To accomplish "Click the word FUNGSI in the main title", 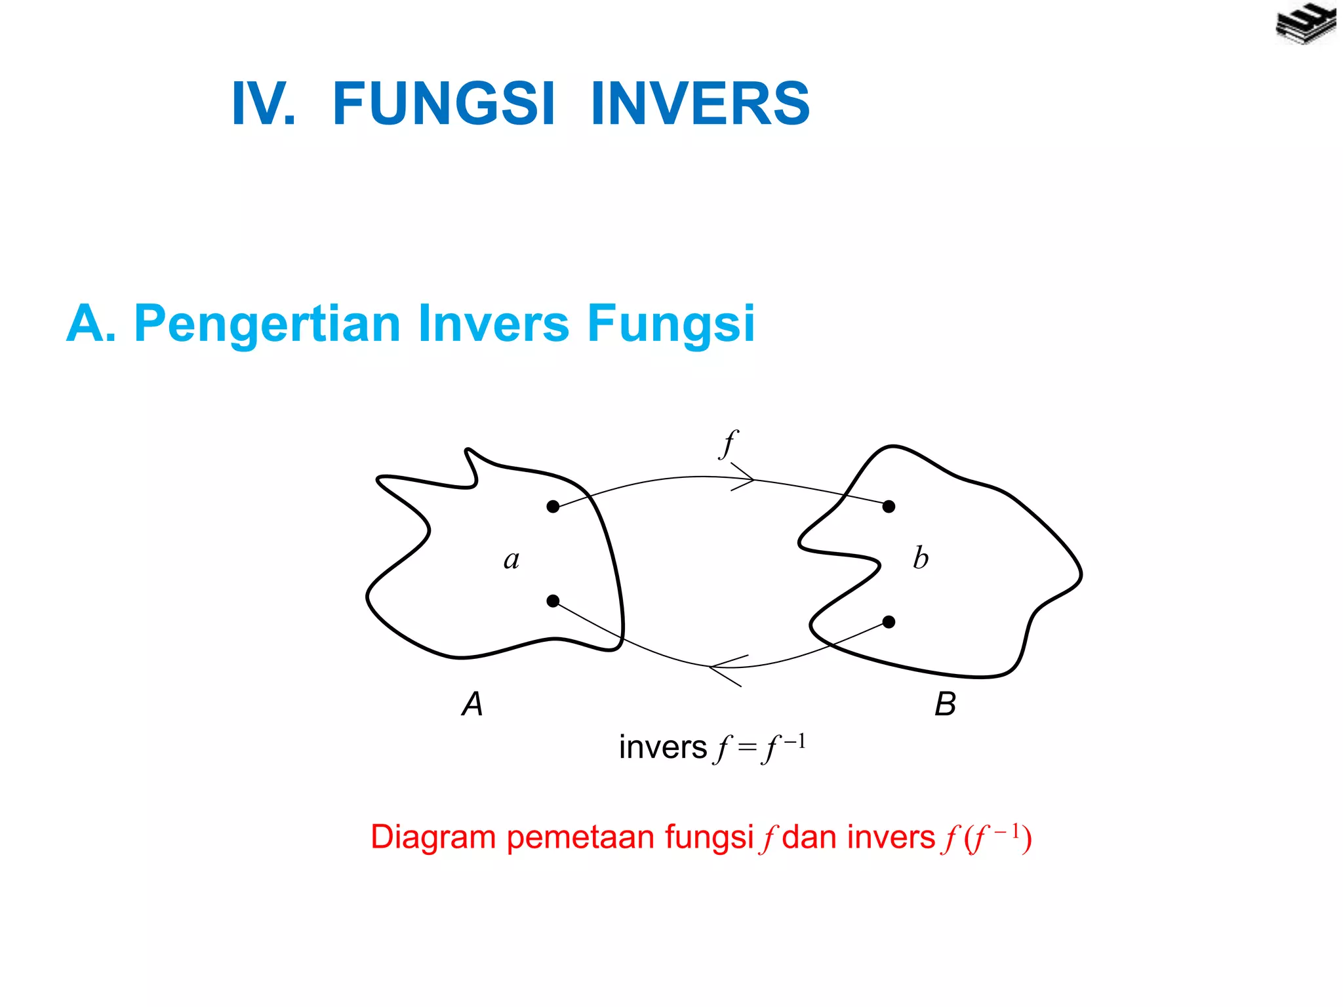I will click(x=444, y=104).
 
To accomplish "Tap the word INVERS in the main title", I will click(x=700, y=104).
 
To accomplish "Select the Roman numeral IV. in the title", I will click(x=264, y=104).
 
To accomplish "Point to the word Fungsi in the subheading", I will click(x=671, y=324).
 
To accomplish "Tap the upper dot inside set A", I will click(x=553, y=506).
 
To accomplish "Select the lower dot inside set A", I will click(x=553, y=601).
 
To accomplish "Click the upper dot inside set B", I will click(x=889, y=506).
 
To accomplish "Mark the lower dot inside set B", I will click(x=889, y=622).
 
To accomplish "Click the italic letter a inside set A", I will click(x=511, y=560).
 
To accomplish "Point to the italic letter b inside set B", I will click(x=921, y=558).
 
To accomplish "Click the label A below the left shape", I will click(x=472, y=704).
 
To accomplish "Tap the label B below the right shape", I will click(x=945, y=704).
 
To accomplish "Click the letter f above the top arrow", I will click(x=729, y=444).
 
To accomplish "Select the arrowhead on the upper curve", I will click(x=748, y=478).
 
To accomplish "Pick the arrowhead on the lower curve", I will click(x=718, y=668).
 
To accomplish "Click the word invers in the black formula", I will click(x=663, y=747).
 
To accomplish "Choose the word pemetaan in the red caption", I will click(x=580, y=837).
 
